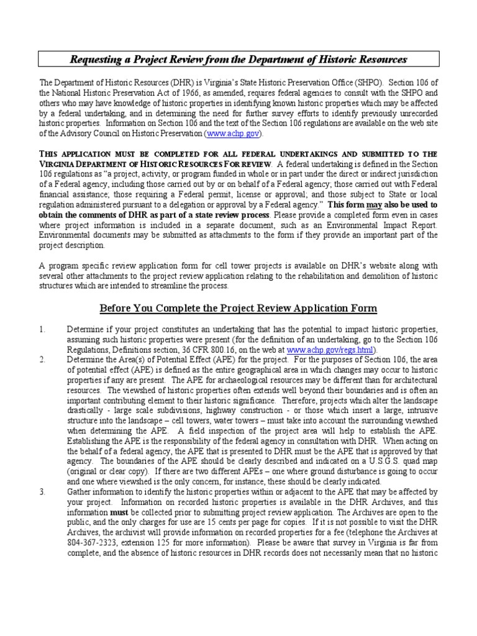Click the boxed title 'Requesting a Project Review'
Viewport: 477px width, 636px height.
click(x=238, y=60)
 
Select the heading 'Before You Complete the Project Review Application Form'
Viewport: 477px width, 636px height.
click(x=238, y=309)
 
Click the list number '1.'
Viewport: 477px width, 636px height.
click(x=42, y=329)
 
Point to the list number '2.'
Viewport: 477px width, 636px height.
click(x=42, y=360)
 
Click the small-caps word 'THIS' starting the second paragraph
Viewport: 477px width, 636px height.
click(x=51, y=154)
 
